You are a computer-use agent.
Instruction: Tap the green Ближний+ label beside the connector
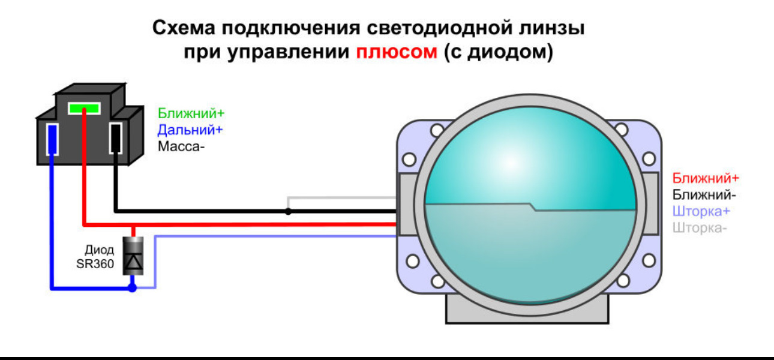point(191,113)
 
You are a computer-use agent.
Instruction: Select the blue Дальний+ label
point(190,130)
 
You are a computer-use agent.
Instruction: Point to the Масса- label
point(181,146)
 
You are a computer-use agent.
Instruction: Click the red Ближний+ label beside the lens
point(706,178)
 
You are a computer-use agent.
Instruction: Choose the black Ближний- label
point(704,195)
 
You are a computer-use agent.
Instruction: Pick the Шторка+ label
point(701,211)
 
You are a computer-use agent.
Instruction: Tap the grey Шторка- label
point(700,228)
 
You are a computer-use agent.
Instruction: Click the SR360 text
point(95,264)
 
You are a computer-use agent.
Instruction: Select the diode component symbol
point(133,256)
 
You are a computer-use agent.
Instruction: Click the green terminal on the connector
point(84,108)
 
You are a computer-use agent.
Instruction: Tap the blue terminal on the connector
point(52,139)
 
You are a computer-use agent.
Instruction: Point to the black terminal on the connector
point(116,138)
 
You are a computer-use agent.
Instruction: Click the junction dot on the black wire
point(288,211)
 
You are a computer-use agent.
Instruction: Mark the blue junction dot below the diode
point(133,287)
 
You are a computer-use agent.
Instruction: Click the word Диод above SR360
point(100,250)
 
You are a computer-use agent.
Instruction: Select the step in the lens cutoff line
point(532,206)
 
